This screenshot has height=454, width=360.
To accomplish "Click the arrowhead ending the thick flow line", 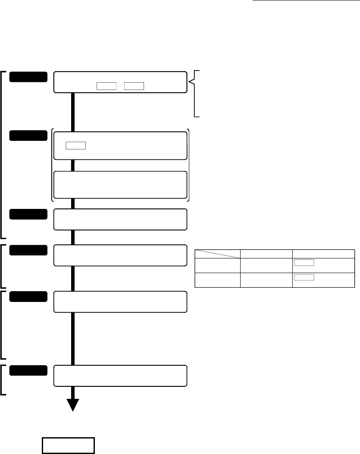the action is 73,405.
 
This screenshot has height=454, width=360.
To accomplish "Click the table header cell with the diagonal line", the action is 217,254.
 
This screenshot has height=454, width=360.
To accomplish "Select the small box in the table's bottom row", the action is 304,277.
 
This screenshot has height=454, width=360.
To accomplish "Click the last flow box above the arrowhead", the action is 120,376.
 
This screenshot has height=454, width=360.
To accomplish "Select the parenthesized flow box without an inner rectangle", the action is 120,184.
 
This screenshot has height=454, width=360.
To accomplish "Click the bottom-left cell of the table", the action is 217,280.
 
